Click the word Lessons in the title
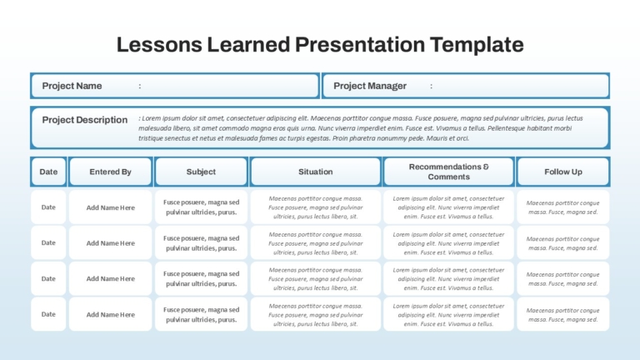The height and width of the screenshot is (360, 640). point(159,44)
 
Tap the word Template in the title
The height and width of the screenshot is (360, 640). point(477,45)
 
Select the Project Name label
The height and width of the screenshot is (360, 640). point(72,86)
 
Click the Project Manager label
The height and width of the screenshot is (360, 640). point(370,86)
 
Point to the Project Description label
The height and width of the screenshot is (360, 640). point(85,120)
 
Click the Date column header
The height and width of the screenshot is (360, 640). point(48,172)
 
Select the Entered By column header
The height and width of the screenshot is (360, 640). point(110,172)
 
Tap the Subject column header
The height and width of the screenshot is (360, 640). point(201,172)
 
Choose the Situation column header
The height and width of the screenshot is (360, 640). point(316,172)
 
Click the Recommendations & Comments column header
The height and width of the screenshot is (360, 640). point(448,172)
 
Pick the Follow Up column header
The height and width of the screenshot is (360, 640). point(562,172)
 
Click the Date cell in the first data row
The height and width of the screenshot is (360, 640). point(48,207)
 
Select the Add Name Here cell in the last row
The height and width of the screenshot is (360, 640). point(110,314)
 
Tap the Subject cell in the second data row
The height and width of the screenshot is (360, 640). point(201,242)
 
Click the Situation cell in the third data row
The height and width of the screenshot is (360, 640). point(316,279)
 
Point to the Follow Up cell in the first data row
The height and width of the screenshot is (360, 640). point(562,207)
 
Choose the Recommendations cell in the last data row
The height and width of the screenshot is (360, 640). point(448,314)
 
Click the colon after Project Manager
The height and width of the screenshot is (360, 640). point(431,86)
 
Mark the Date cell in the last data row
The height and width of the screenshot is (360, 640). point(48,314)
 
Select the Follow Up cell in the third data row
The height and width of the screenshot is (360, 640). point(562,279)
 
